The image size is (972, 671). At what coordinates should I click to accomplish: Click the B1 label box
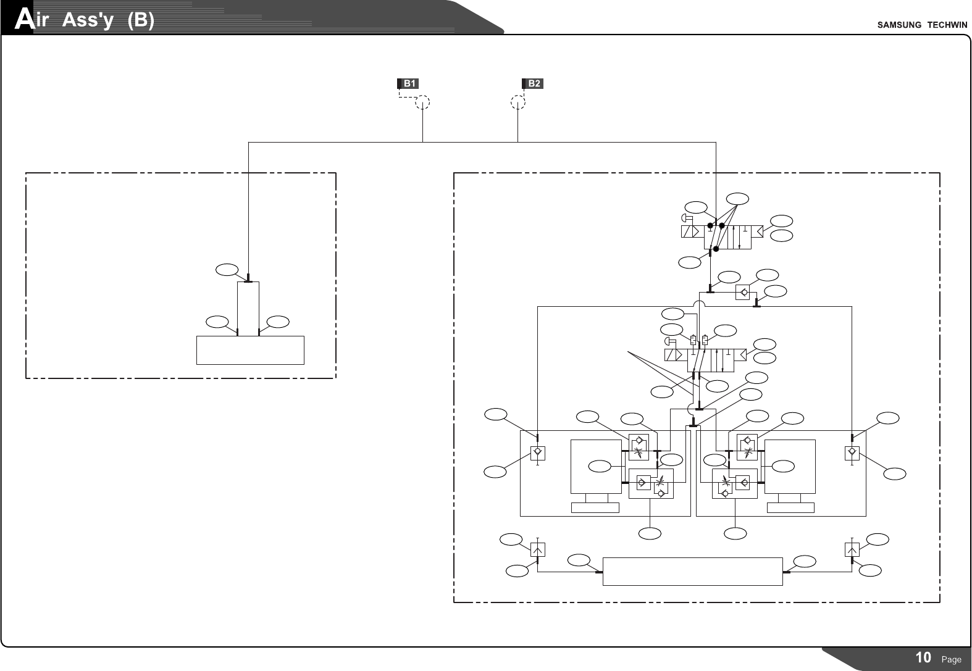(x=408, y=83)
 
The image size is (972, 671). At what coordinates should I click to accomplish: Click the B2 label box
(x=533, y=83)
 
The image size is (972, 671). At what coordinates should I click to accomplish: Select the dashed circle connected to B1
(x=422, y=102)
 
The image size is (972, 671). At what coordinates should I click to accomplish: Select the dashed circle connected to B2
(x=518, y=102)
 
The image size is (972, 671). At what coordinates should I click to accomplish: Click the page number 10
(x=923, y=657)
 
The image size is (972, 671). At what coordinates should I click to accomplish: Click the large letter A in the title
(x=23, y=20)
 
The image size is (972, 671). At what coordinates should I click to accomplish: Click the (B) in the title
(x=140, y=21)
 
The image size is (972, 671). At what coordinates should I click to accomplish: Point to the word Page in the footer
(x=951, y=659)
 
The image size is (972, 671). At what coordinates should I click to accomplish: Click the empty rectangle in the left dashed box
(x=250, y=350)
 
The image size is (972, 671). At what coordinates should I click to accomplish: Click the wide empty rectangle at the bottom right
(x=692, y=571)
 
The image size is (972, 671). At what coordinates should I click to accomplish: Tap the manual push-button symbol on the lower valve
(x=670, y=341)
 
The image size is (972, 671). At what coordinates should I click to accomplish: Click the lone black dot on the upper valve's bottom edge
(x=716, y=249)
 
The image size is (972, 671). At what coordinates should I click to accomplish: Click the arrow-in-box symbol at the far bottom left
(x=538, y=549)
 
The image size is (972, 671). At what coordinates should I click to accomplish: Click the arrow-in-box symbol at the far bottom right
(x=852, y=549)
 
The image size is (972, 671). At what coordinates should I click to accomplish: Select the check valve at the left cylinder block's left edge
(x=538, y=452)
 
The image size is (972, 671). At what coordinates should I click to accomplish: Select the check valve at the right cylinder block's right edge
(x=852, y=452)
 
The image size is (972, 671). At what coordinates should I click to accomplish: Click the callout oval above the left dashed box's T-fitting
(x=227, y=269)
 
